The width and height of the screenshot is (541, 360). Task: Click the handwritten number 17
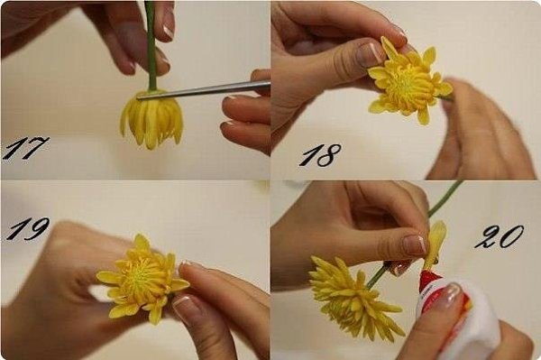pos(25,148)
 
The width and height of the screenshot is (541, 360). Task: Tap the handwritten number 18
pos(320,155)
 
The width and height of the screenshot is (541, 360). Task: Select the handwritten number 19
pos(27,228)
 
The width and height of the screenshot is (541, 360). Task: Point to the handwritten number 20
pos(499,236)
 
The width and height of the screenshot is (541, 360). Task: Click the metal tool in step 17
pos(204,90)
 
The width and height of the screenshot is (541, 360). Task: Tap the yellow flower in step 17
pos(151,118)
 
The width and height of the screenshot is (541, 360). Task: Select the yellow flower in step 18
pos(408,82)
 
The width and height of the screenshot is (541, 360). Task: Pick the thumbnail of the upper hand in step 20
pos(414,245)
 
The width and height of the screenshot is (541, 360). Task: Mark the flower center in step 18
pos(408,83)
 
